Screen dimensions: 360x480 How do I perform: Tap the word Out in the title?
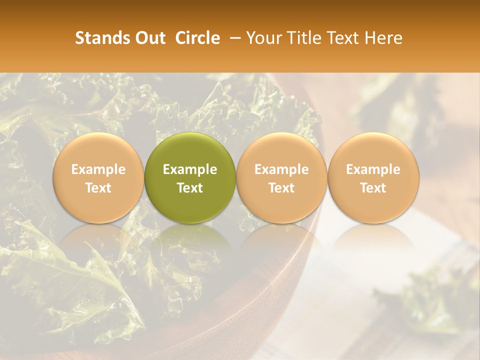coord(149,38)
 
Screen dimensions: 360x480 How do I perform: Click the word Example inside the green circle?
coord(190,169)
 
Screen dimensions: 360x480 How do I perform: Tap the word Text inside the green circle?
coord(190,187)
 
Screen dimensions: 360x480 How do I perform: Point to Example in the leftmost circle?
coord(98,169)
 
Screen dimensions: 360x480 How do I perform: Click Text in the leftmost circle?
coord(98,187)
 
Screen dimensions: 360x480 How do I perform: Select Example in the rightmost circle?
coord(373,169)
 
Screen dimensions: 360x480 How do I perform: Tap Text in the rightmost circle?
coord(373,187)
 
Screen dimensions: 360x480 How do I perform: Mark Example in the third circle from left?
coord(281,169)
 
